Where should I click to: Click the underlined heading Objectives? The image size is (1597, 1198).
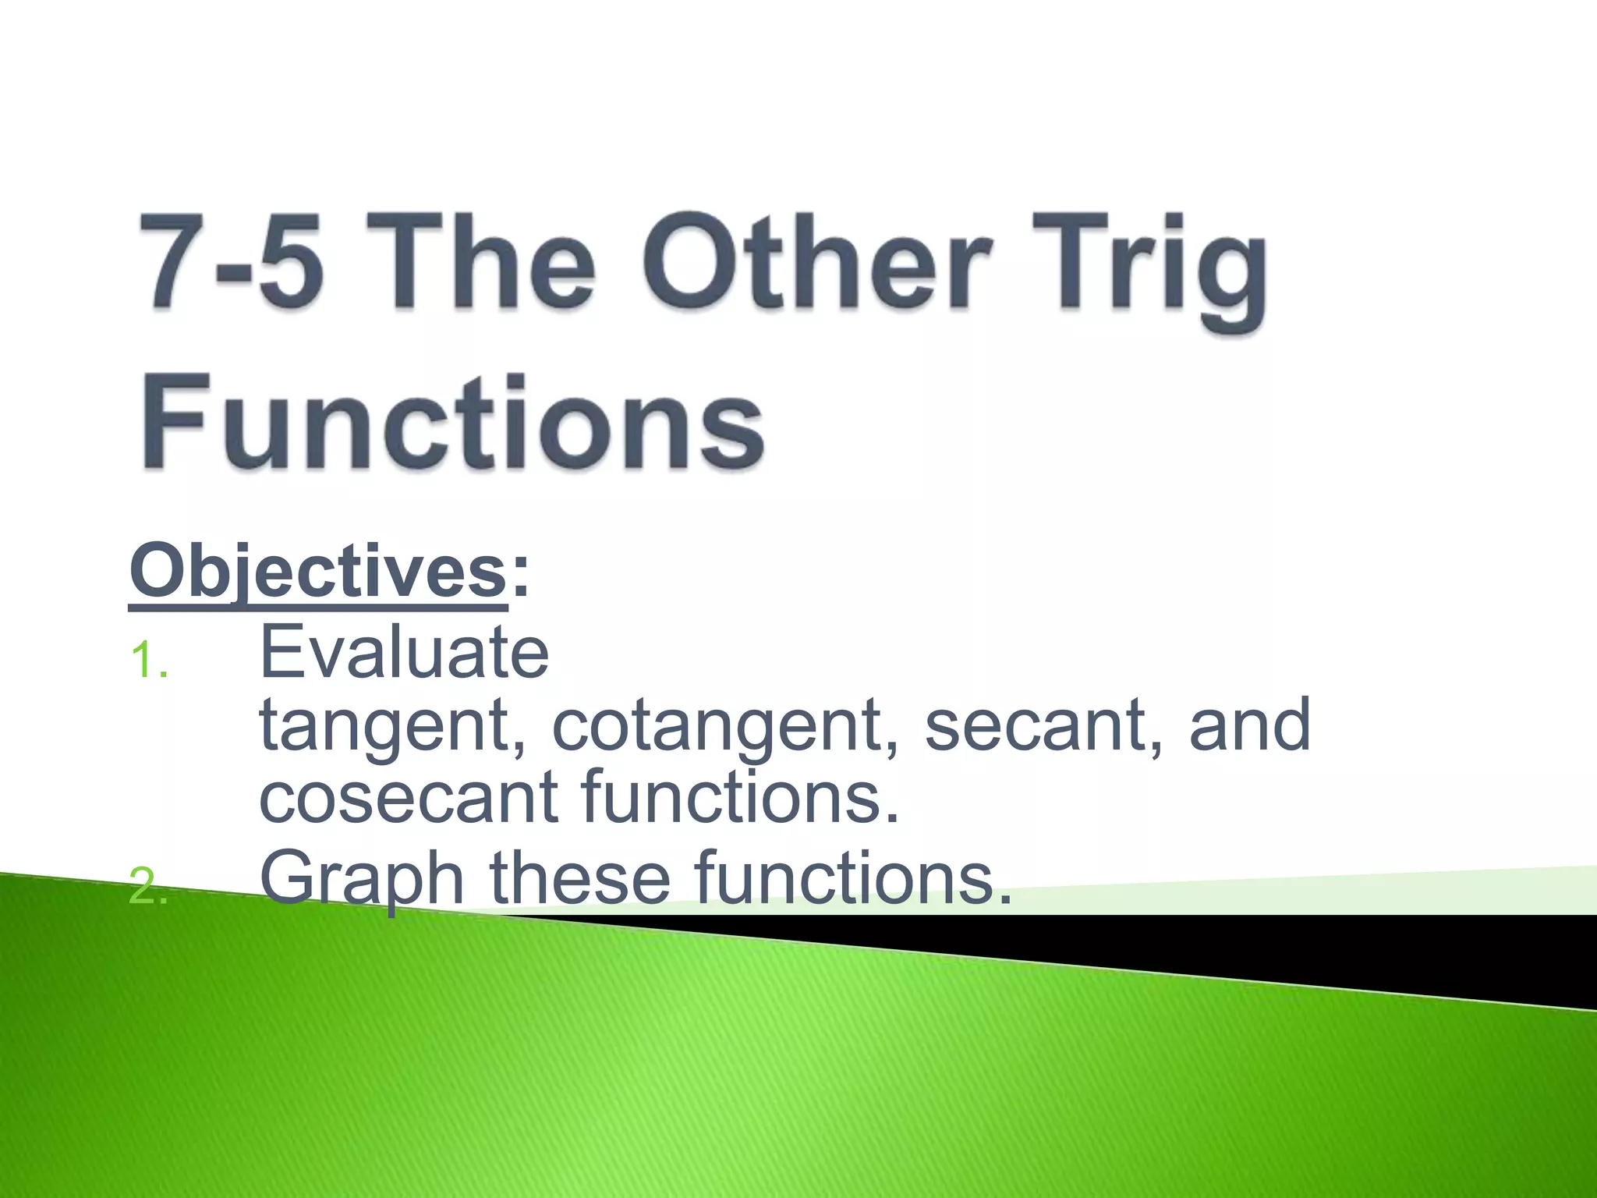point(318,572)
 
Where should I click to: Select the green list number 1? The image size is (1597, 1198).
point(148,661)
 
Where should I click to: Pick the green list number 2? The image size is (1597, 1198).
point(148,887)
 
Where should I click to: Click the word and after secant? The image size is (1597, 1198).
point(1249,725)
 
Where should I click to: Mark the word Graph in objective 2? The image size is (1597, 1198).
point(362,880)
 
